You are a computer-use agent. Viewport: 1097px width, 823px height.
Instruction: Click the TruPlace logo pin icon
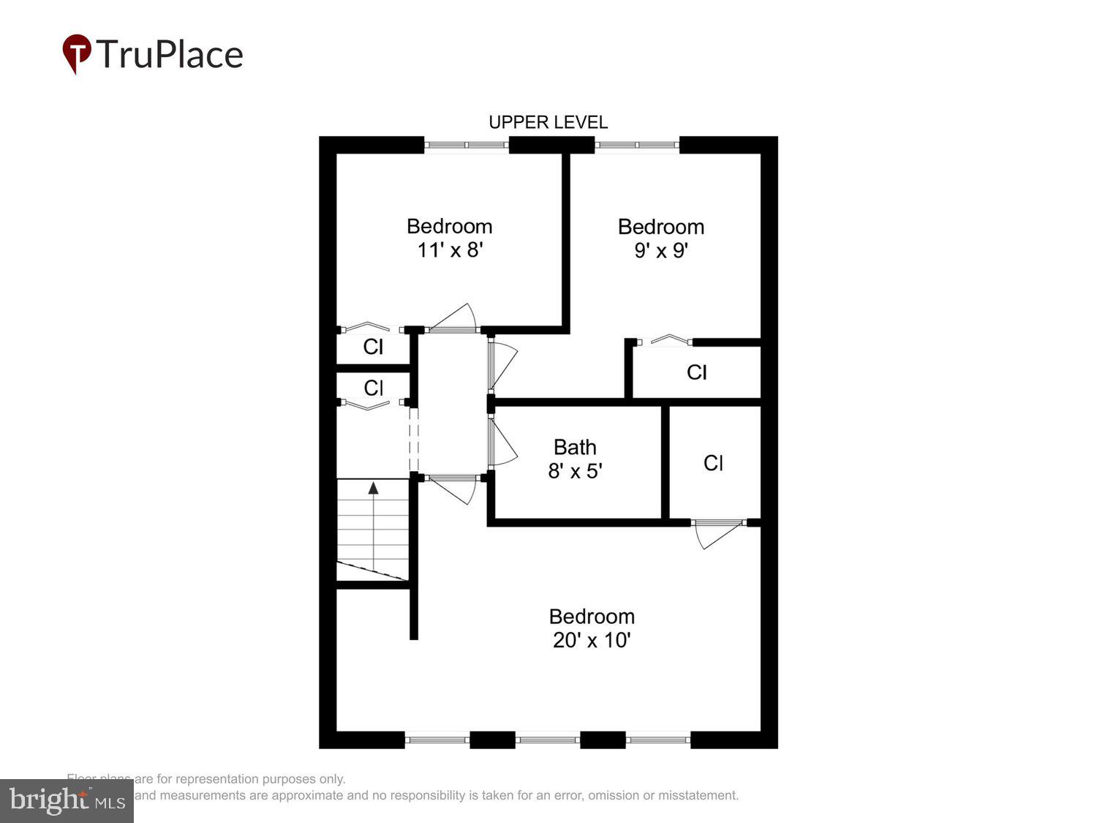[x=76, y=53]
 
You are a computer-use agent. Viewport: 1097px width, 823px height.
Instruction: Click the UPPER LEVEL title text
[x=548, y=122]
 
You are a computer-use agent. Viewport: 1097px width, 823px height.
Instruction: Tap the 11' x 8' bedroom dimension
[x=450, y=250]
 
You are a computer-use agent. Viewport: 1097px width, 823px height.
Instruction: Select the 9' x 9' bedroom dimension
[x=661, y=251]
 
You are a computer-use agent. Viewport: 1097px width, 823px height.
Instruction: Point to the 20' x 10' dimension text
[x=592, y=640]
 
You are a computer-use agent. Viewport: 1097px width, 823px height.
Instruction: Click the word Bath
[x=575, y=447]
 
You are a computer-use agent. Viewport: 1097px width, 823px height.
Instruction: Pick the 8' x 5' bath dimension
[x=575, y=471]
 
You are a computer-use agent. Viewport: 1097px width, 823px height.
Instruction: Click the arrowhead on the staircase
[x=373, y=488]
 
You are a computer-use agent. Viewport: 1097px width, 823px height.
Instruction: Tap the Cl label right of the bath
[x=713, y=463]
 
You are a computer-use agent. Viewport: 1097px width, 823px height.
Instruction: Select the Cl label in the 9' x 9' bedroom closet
[x=696, y=372]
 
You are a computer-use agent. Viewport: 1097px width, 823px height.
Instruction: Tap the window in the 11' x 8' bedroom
[x=467, y=145]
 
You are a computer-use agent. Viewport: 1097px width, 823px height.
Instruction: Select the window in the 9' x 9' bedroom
[x=637, y=145]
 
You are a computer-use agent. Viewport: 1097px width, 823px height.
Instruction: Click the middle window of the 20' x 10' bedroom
[x=547, y=740]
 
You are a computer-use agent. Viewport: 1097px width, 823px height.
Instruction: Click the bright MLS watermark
[x=67, y=800]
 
